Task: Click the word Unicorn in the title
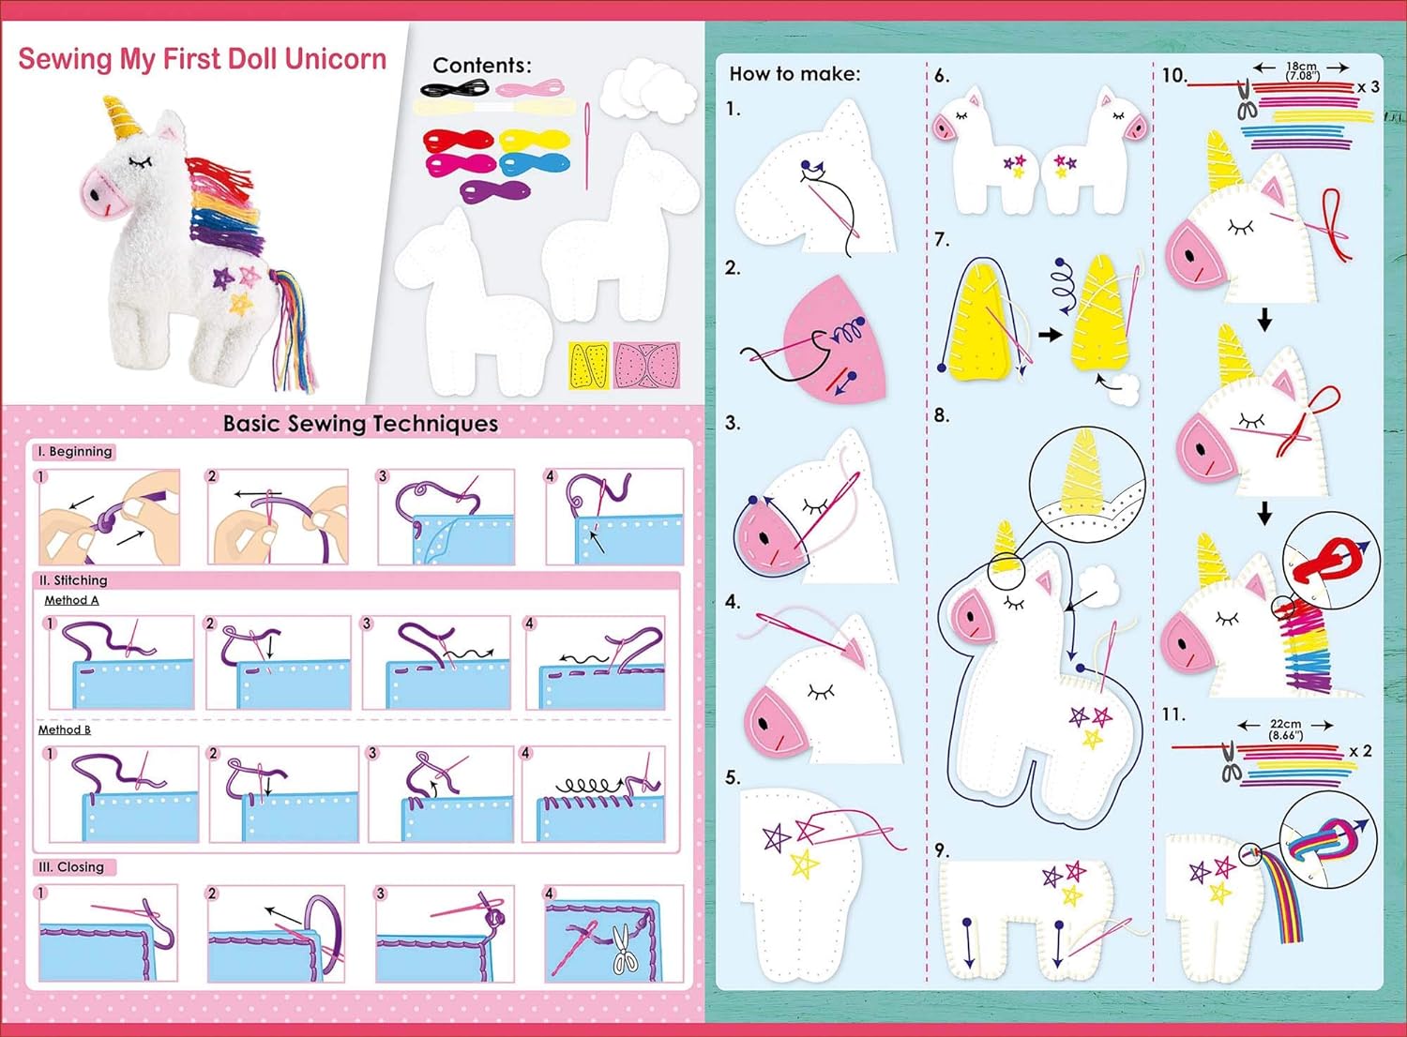click(x=336, y=59)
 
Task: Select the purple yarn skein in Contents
click(x=495, y=191)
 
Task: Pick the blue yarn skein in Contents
click(x=535, y=164)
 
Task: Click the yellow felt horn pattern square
click(x=588, y=366)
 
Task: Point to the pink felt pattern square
click(x=647, y=366)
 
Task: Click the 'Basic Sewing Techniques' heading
click(x=360, y=424)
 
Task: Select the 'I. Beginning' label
click(x=75, y=451)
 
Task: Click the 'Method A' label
click(x=71, y=600)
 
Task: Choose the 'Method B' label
click(x=65, y=729)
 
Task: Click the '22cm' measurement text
click(x=1284, y=724)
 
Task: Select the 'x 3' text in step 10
click(x=1369, y=87)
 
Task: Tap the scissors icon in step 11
click(x=1229, y=761)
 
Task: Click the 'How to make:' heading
click(x=794, y=74)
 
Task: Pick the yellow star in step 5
click(x=805, y=865)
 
